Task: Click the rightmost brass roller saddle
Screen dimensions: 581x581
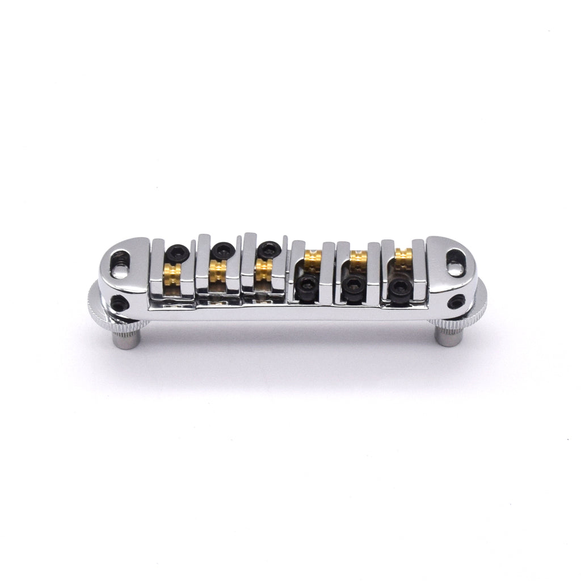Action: pyautogui.click(x=403, y=259)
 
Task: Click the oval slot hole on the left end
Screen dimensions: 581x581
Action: pyautogui.click(x=120, y=262)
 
